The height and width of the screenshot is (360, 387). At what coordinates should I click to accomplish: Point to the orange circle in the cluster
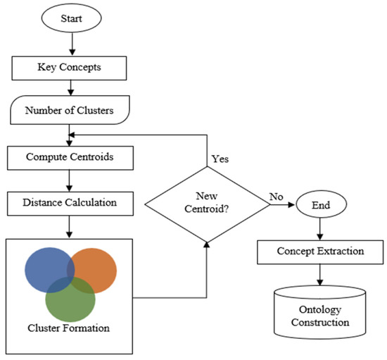pos(95,269)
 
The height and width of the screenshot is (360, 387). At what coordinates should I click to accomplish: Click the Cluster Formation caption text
pos(68,328)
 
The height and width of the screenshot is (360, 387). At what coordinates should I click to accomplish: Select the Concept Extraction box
pos(321,252)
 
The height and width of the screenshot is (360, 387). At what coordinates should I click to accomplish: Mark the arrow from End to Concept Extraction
pos(321,230)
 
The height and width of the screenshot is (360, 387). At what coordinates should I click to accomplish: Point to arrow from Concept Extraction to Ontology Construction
pos(321,274)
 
